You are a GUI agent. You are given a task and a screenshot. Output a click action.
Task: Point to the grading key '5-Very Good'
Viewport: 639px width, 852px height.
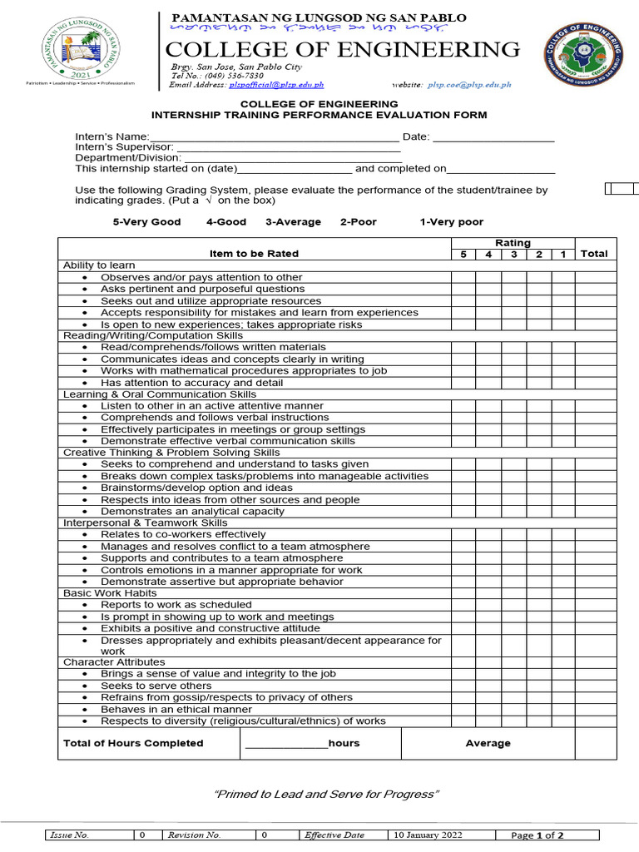click(x=146, y=222)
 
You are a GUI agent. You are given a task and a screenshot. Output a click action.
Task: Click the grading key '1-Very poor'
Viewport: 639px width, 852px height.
click(x=451, y=222)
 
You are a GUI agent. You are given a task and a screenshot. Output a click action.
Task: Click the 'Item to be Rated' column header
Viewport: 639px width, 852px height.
click(x=254, y=254)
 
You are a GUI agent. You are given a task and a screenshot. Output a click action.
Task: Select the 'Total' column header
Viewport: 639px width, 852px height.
click(x=594, y=254)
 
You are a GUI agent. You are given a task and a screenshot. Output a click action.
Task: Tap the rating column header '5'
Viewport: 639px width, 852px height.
click(x=463, y=254)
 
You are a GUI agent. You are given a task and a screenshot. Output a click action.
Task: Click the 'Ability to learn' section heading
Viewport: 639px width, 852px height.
click(x=99, y=265)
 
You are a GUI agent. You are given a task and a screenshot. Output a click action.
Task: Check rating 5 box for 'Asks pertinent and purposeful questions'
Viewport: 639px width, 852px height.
click(x=463, y=289)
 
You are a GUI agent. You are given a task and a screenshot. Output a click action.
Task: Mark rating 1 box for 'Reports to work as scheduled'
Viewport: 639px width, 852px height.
click(x=563, y=605)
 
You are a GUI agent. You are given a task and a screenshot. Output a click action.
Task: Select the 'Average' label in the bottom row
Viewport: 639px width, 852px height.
click(x=488, y=743)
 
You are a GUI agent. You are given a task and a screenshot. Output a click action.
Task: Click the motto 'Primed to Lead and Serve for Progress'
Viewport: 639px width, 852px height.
click(x=325, y=794)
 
